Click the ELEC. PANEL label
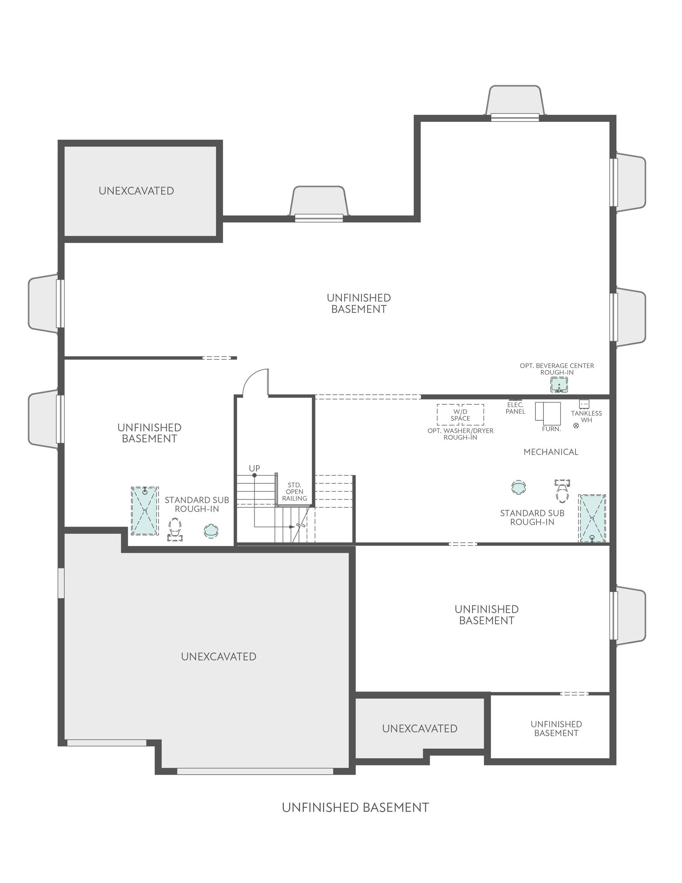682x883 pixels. tap(515, 408)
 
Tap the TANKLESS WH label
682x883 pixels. tap(586, 416)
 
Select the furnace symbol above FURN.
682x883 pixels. tap(548, 413)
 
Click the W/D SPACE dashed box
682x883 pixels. tap(460, 415)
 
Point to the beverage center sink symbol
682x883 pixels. tap(559, 384)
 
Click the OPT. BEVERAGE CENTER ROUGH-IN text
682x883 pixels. tap(557, 369)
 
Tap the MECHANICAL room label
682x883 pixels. tap(551, 452)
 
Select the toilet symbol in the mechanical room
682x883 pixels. tap(562, 490)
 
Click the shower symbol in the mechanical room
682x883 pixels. tap(592, 518)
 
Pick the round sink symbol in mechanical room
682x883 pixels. tap(519, 487)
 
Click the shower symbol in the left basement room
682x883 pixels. tap(145, 511)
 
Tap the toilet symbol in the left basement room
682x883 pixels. tap(175, 530)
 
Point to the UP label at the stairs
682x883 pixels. tap(254, 468)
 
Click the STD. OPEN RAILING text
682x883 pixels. tap(294, 492)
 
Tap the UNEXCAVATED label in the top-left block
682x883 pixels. tap(136, 191)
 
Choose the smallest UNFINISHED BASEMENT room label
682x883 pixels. tap(556, 728)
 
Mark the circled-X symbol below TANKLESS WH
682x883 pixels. tap(576, 425)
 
